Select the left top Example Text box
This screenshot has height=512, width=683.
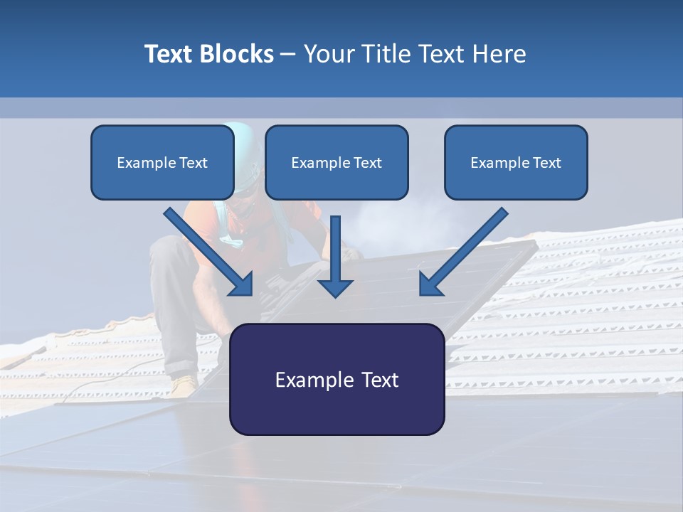click(162, 162)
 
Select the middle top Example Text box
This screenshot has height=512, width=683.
click(337, 162)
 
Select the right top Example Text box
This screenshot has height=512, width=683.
click(516, 162)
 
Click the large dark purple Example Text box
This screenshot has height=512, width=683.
click(337, 379)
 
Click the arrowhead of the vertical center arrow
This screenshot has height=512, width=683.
click(336, 287)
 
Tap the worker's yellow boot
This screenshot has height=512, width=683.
click(184, 386)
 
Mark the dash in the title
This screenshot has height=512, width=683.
click(288, 54)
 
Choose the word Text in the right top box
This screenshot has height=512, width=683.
click(546, 163)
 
